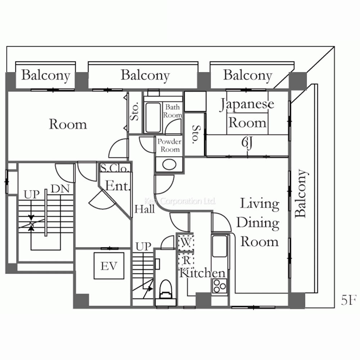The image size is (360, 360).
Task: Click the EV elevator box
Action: click(109, 266)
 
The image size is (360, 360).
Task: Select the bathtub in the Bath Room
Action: click(153, 118)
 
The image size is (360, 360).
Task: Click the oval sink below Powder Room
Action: click(169, 165)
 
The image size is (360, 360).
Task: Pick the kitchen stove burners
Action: click(220, 286)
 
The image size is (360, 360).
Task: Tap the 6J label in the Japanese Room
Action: click(247, 143)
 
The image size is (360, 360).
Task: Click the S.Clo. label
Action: click(114, 168)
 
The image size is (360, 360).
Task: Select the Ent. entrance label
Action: click(118, 185)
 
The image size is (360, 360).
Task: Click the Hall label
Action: click(144, 209)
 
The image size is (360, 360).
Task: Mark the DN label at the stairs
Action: click(60, 189)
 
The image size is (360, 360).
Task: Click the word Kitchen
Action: click(202, 273)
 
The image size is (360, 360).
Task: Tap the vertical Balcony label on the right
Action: click(301, 193)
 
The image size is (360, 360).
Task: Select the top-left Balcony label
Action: click(46, 75)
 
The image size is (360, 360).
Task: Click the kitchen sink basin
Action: click(220, 246)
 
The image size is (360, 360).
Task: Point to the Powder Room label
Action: click(170, 145)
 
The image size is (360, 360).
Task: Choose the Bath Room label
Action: click(173, 111)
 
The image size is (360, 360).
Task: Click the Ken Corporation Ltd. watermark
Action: click(180, 201)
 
